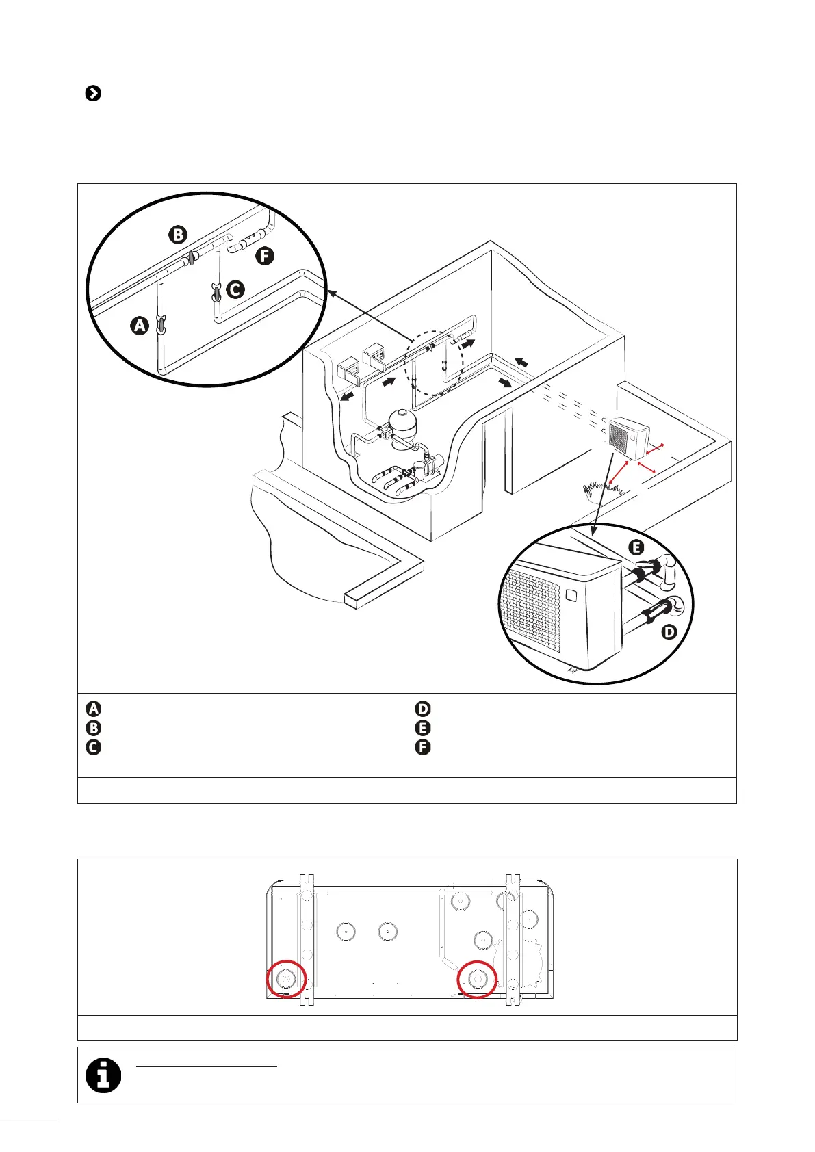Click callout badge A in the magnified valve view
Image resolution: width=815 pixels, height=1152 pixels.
[x=140, y=326]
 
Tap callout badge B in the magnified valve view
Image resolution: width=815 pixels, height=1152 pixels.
[x=177, y=235]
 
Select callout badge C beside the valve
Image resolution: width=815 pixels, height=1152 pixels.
[x=235, y=289]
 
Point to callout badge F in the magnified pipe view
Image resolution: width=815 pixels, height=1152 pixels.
[x=264, y=257]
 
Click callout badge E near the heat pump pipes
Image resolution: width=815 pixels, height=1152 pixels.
[x=636, y=547]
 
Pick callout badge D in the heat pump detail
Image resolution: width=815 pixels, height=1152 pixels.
[x=669, y=632]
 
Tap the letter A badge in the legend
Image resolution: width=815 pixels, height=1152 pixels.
[x=94, y=709]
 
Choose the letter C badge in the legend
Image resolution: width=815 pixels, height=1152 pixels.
[x=94, y=746]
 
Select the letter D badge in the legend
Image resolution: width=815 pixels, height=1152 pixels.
[x=423, y=709]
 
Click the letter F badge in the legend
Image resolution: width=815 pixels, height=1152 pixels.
[x=423, y=746]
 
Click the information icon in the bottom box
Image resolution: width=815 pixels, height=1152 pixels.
[x=103, y=1075]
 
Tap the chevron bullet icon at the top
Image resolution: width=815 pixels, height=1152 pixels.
[x=93, y=94]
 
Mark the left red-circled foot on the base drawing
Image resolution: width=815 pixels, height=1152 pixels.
[x=285, y=979]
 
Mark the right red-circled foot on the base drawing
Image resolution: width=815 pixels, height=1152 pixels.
[x=477, y=979]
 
